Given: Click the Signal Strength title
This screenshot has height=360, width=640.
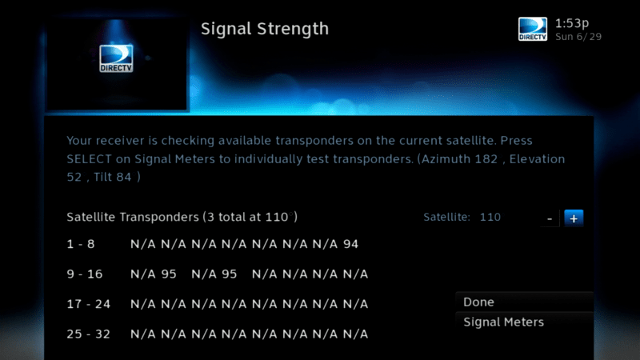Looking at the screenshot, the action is [x=265, y=29].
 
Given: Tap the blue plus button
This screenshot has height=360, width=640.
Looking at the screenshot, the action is [x=574, y=218].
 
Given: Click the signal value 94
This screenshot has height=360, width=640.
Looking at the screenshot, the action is [x=350, y=244].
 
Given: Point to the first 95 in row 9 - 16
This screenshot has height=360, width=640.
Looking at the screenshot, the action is [x=169, y=274].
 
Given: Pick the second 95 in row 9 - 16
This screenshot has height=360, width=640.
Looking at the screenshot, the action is [x=229, y=274].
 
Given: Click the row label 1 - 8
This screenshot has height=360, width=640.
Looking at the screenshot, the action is [x=81, y=244].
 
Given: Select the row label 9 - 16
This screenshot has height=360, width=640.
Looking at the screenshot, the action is [x=85, y=274].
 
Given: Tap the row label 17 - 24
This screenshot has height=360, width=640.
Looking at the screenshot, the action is [x=89, y=304].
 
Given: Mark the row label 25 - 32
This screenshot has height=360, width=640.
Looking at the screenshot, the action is [x=89, y=334].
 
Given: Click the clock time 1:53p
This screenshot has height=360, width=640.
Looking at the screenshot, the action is [x=572, y=24].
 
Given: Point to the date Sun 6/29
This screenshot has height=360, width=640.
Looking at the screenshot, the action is [x=578, y=37].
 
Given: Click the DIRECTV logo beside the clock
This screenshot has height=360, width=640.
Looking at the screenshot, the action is [x=533, y=29].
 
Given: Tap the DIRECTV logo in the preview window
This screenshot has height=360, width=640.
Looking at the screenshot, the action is [x=116, y=58].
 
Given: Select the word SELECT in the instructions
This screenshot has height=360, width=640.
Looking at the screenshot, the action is [x=89, y=158].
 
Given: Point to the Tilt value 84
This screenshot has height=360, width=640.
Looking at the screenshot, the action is [x=123, y=177].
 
